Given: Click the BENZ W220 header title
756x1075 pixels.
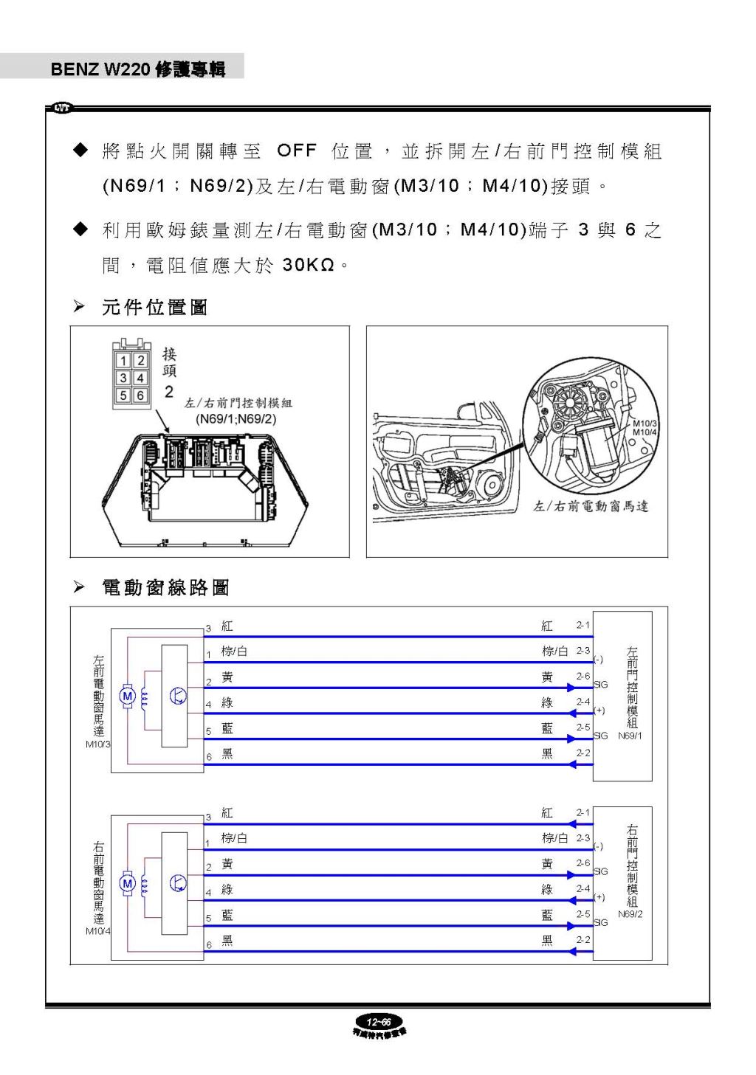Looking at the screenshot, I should point(137,69).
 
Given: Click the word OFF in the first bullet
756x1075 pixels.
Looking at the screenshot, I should point(296,151).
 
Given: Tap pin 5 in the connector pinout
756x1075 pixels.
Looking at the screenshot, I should point(123,395).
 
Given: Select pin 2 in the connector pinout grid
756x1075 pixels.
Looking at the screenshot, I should point(140,361).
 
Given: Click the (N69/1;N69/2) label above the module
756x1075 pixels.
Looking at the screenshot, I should point(236,419).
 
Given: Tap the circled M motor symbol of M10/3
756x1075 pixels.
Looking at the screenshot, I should point(127,696).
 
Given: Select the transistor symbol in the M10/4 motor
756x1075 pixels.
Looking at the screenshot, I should point(178,883).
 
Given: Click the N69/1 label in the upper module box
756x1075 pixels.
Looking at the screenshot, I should point(630,736).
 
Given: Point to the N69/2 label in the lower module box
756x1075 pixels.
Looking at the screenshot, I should point(630,914).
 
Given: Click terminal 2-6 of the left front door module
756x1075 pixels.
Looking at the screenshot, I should point(583,676).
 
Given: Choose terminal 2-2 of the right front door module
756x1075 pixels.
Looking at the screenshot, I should point(583,940).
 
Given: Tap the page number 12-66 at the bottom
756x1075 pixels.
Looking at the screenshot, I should point(379,1022).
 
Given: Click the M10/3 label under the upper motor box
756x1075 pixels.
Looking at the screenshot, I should point(98,744).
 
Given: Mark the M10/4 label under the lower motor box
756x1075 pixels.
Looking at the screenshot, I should point(98,931).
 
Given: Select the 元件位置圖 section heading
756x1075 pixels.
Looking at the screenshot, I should point(154,307).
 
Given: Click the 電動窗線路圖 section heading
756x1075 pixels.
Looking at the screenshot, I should point(165,587).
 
